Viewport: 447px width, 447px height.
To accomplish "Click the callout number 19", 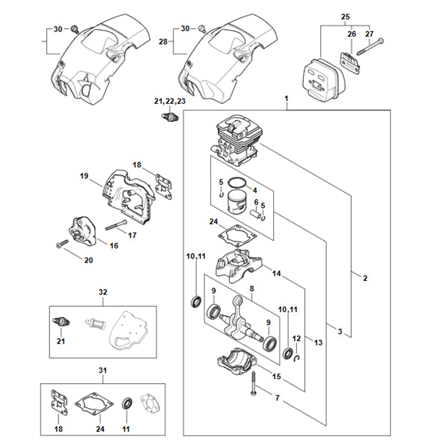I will [x=84, y=176].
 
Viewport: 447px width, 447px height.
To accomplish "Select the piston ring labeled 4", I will [x=237, y=183].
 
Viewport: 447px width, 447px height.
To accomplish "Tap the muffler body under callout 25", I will [x=318, y=78].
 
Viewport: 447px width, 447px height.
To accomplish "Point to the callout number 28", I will [x=163, y=41].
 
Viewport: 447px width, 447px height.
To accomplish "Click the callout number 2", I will [x=364, y=278].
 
